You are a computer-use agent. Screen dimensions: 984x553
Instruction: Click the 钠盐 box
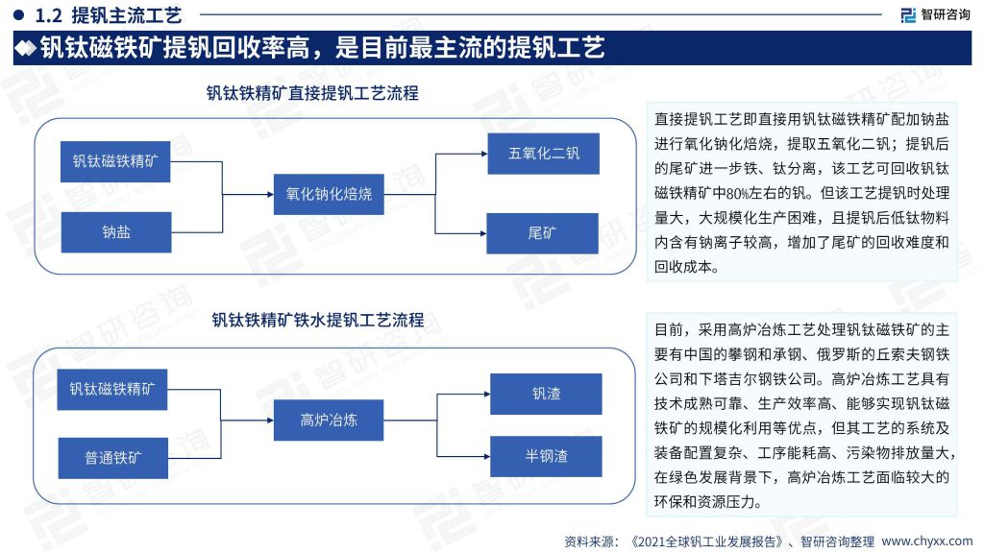[116, 232]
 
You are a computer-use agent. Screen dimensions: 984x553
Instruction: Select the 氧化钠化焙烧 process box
[329, 194]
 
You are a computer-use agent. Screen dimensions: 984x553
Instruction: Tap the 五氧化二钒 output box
[544, 154]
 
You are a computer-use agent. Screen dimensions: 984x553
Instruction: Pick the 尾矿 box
[542, 233]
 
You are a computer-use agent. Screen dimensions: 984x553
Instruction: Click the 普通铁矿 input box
[113, 458]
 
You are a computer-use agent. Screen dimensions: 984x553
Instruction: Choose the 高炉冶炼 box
[329, 421]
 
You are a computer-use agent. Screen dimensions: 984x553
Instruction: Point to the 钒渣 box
[546, 394]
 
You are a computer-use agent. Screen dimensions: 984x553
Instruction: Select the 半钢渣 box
[546, 456]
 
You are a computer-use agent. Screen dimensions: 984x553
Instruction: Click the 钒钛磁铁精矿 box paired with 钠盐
[115, 161]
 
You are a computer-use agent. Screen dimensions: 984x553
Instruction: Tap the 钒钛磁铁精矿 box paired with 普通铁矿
[112, 390]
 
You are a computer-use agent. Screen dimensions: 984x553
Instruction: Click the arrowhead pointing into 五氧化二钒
[484, 154]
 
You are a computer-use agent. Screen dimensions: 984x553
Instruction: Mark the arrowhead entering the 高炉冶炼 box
[270, 421]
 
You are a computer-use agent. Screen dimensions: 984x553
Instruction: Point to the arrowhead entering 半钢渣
[486, 456]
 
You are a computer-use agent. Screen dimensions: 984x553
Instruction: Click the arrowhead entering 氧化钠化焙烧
[270, 194]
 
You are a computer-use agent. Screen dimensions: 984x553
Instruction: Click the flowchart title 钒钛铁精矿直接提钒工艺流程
[312, 93]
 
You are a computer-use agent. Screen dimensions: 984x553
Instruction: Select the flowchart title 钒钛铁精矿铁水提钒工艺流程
[317, 320]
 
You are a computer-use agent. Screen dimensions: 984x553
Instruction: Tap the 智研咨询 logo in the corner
[936, 14]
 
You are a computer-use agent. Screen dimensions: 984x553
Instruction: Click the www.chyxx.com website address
[927, 541]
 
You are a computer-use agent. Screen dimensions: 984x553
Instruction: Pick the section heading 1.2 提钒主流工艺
[108, 15]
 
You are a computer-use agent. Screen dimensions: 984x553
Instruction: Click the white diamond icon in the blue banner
[25, 48]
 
